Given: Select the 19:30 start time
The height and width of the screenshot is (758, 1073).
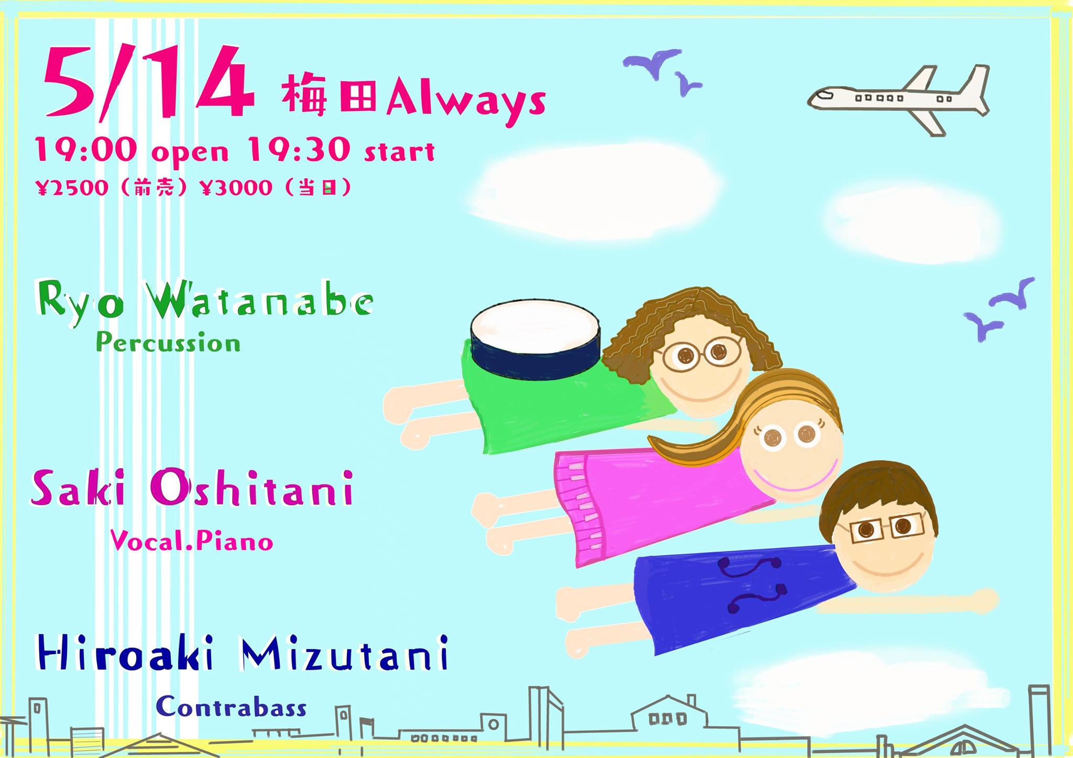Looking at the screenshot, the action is (341, 150).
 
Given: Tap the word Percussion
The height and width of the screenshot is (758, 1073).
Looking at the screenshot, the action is (168, 343).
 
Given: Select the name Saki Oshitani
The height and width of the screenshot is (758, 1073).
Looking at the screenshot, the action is (192, 488).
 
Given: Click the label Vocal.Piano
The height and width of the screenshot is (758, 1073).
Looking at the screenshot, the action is (192, 541).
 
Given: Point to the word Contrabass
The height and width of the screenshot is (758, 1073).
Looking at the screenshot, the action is (231, 707).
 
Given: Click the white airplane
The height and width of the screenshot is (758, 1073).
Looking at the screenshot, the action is (898, 98).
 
